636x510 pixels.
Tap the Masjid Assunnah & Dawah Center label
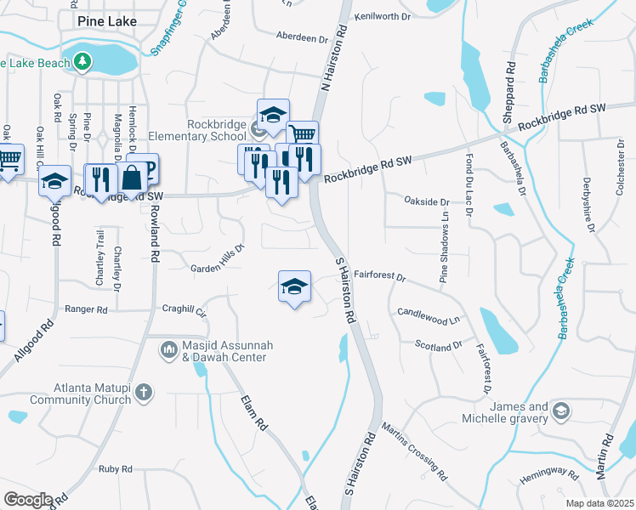point(224,352)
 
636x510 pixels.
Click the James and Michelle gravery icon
point(560,412)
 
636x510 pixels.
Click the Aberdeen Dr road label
point(302,38)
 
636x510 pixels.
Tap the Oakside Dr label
point(426,201)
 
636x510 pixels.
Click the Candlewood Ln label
point(428,317)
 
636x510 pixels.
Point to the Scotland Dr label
point(438,345)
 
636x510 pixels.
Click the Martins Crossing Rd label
point(414,450)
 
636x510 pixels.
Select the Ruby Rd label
point(115,469)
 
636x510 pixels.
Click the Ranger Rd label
point(86,310)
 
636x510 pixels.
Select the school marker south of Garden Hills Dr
point(294,286)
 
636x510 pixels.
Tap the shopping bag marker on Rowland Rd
point(134,178)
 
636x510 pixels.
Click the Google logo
point(28,500)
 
